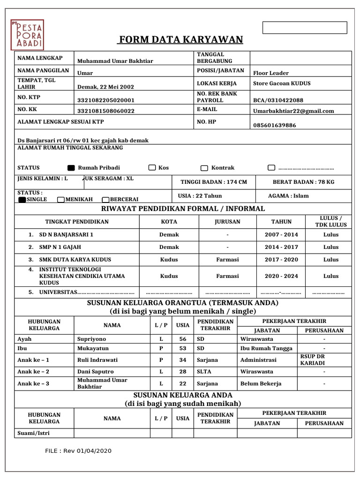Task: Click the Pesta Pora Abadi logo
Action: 28,34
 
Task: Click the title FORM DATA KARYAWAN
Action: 180,39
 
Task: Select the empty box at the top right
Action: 305,28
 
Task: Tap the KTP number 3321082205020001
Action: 106,100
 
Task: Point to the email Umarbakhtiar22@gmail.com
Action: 293,111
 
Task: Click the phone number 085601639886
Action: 275,125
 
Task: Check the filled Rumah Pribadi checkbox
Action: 71,168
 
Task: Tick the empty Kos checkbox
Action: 152,168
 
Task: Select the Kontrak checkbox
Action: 204,168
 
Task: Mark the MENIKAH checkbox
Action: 61,200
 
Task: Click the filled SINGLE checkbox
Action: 22,200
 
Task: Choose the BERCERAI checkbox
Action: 106,200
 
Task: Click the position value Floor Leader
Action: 271,73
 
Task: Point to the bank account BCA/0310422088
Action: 278,100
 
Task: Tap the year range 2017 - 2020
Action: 281,259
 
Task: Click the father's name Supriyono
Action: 91,339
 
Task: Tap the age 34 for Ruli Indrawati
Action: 183,360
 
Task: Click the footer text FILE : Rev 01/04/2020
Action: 78,451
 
